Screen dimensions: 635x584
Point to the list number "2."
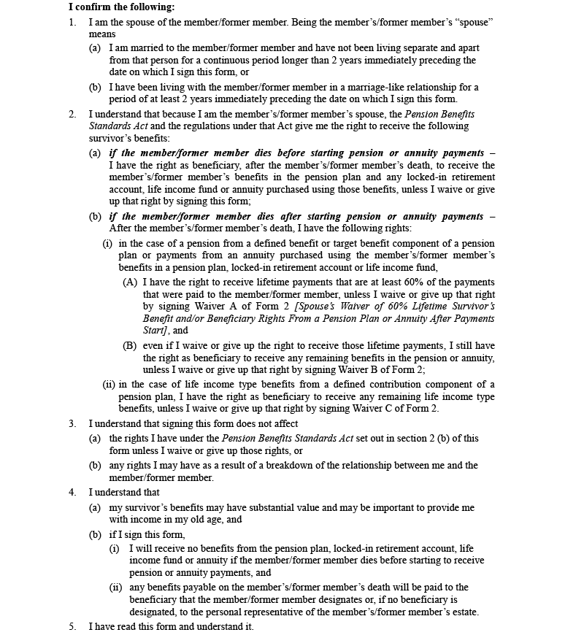[72, 115]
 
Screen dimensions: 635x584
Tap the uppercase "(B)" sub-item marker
[130, 345]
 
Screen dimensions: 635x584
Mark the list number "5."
[72, 627]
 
